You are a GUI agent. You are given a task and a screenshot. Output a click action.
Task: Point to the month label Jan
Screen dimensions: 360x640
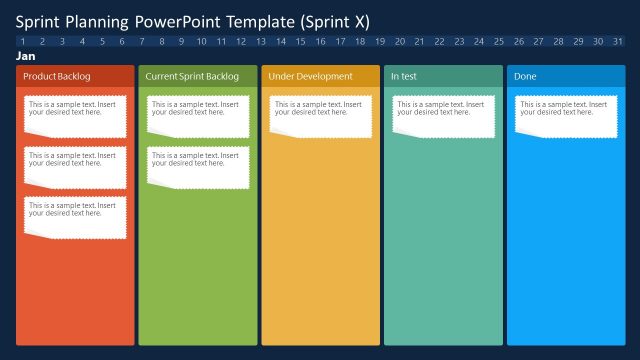(26, 57)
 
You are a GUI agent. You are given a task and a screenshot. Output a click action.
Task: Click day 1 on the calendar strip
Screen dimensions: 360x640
(23, 41)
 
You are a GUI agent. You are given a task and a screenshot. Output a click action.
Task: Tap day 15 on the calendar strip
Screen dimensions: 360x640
(300, 41)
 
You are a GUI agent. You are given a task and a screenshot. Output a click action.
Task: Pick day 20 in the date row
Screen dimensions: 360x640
(399, 41)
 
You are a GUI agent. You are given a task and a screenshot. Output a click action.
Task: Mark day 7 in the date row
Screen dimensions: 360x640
(142, 41)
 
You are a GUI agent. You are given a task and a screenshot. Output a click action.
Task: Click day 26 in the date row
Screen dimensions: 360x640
(518, 41)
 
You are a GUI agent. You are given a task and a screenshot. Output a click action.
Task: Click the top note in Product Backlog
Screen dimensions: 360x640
(76, 116)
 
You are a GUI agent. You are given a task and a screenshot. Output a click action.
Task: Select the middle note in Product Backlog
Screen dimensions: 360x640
(76, 166)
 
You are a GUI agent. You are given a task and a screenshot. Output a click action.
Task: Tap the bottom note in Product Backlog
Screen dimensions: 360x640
(76, 216)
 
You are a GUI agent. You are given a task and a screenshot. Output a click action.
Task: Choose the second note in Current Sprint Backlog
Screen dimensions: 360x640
(198, 166)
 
